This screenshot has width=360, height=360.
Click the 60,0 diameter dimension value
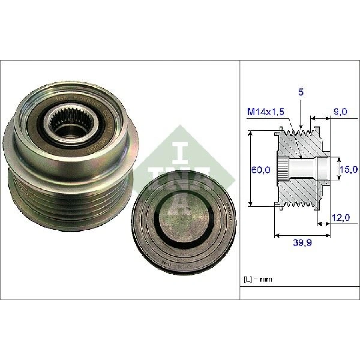click(x=261, y=170)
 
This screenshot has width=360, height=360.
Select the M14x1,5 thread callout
click(x=265, y=112)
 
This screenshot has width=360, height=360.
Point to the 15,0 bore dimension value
click(x=348, y=170)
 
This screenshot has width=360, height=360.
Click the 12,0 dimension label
click(x=341, y=218)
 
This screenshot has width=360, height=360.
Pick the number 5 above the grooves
click(x=301, y=92)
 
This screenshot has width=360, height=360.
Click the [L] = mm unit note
click(x=258, y=279)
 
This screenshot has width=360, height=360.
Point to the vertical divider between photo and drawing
click(x=239, y=180)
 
